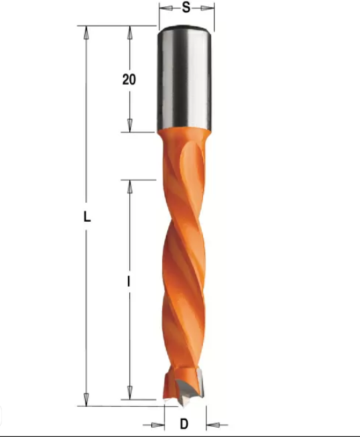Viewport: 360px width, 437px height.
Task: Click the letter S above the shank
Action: (x=186, y=8)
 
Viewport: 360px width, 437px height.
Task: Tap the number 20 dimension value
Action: (x=129, y=80)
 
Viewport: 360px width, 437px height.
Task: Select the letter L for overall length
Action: (x=86, y=217)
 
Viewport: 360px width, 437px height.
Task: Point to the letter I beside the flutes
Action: (x=129, y=282)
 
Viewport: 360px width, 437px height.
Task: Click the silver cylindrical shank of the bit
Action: (x=185, y=80)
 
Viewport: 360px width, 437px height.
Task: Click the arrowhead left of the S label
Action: (x=164, y=8)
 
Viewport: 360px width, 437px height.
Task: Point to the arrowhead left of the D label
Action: (x=160, y=422)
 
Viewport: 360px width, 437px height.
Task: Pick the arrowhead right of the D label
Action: (x=211, y=422)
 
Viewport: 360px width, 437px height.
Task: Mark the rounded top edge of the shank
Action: (x=185, y=29)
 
